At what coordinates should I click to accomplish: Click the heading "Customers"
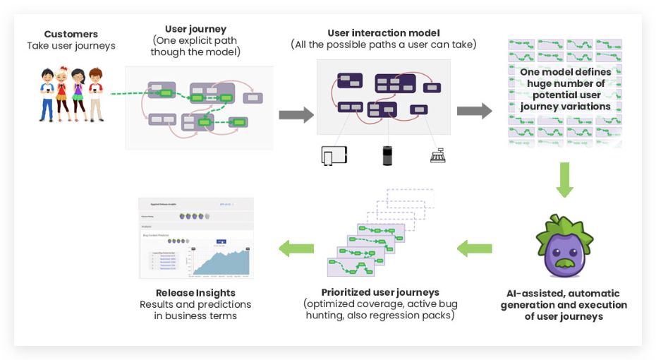[x=71, y=34]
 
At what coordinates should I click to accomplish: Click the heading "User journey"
[x=195, y=29]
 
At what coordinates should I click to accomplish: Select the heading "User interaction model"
[x=383, y=33]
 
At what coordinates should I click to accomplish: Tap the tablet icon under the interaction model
[x=334, y=155]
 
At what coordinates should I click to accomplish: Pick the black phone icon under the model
[x=387, y=155]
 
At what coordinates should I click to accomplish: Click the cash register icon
[x=438, y=156]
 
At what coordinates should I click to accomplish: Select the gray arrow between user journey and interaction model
[x=296, y=115]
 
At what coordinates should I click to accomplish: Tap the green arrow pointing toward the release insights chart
[x=296, y=248]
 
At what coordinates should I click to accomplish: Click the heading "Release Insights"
[x=195, y=293]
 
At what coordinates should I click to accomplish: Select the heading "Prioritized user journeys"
[x=379, y=292]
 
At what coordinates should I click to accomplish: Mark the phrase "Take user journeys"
[x=71, y=46]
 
